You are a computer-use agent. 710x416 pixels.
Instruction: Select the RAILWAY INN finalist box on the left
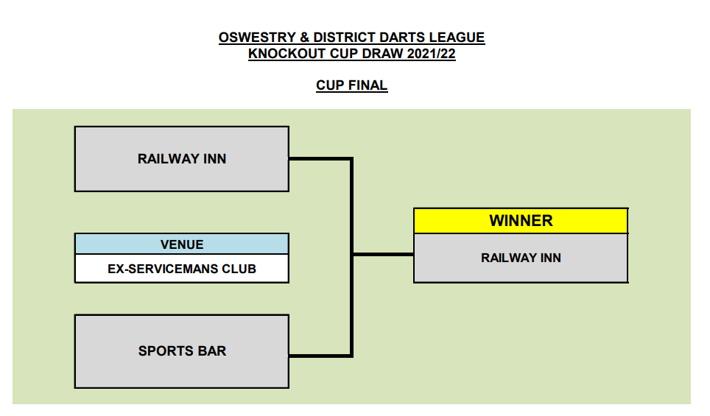[x=181, y=159]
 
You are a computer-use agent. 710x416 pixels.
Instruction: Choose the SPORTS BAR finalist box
[x=181, y=351]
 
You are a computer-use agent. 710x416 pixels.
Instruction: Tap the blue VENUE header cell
[x=181, y=244]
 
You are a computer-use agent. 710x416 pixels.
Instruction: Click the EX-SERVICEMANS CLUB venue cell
[x=181, y=269]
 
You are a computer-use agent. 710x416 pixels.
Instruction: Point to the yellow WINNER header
[x=521, y=220]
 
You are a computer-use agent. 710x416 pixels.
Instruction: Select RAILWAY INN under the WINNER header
[x=521, y=258]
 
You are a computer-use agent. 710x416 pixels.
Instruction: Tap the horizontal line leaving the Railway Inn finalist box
[x=320, y=158]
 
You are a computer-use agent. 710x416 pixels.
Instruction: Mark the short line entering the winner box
[x=383, y=255]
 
